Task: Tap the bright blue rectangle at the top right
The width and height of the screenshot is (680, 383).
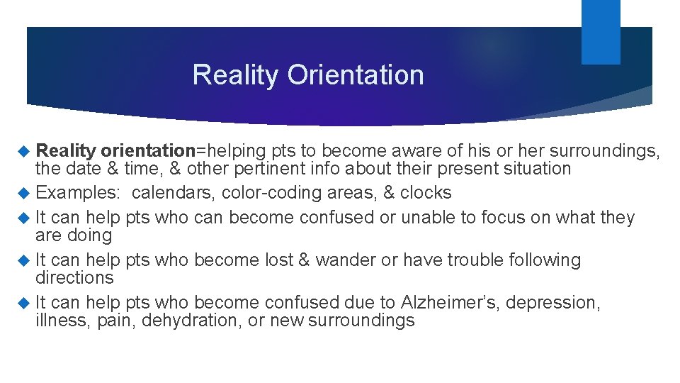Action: point(601,31)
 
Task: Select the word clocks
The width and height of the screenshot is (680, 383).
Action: point(426,193)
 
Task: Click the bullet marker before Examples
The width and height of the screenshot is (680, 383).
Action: point(25,193)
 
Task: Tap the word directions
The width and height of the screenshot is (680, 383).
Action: point(74,277)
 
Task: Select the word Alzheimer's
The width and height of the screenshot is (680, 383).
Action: point(455,302)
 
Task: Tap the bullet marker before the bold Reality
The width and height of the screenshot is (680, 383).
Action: point(25,150)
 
